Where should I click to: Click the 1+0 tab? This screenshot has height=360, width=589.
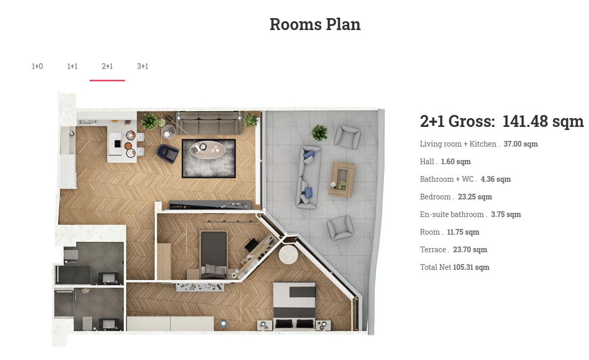pos(37,66)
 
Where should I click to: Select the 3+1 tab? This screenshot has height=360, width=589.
pos(142,66)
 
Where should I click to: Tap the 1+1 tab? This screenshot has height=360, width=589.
pos(72,66)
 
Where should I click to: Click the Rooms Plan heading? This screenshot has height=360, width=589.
pos(315,24)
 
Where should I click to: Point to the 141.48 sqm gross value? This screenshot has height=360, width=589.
pos(543,121)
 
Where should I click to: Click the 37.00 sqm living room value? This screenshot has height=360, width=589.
pos(521,144)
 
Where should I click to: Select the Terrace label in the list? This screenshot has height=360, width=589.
pos(433,250)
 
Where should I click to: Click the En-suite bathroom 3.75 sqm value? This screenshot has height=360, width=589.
pos(506,214)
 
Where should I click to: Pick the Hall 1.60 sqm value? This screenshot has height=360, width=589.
pos(456,162)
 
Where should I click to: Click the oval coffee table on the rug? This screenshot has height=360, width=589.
pos(207,149)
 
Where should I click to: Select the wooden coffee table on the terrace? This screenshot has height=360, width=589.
pos(341,179)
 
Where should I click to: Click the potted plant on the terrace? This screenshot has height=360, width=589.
pos(319,133)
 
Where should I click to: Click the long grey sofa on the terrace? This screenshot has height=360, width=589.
pos(309,177)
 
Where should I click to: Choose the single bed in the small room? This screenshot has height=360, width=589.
pos(214,255)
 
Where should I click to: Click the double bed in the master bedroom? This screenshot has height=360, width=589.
pos(294,306)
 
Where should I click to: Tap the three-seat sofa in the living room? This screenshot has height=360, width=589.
pos(209,123)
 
